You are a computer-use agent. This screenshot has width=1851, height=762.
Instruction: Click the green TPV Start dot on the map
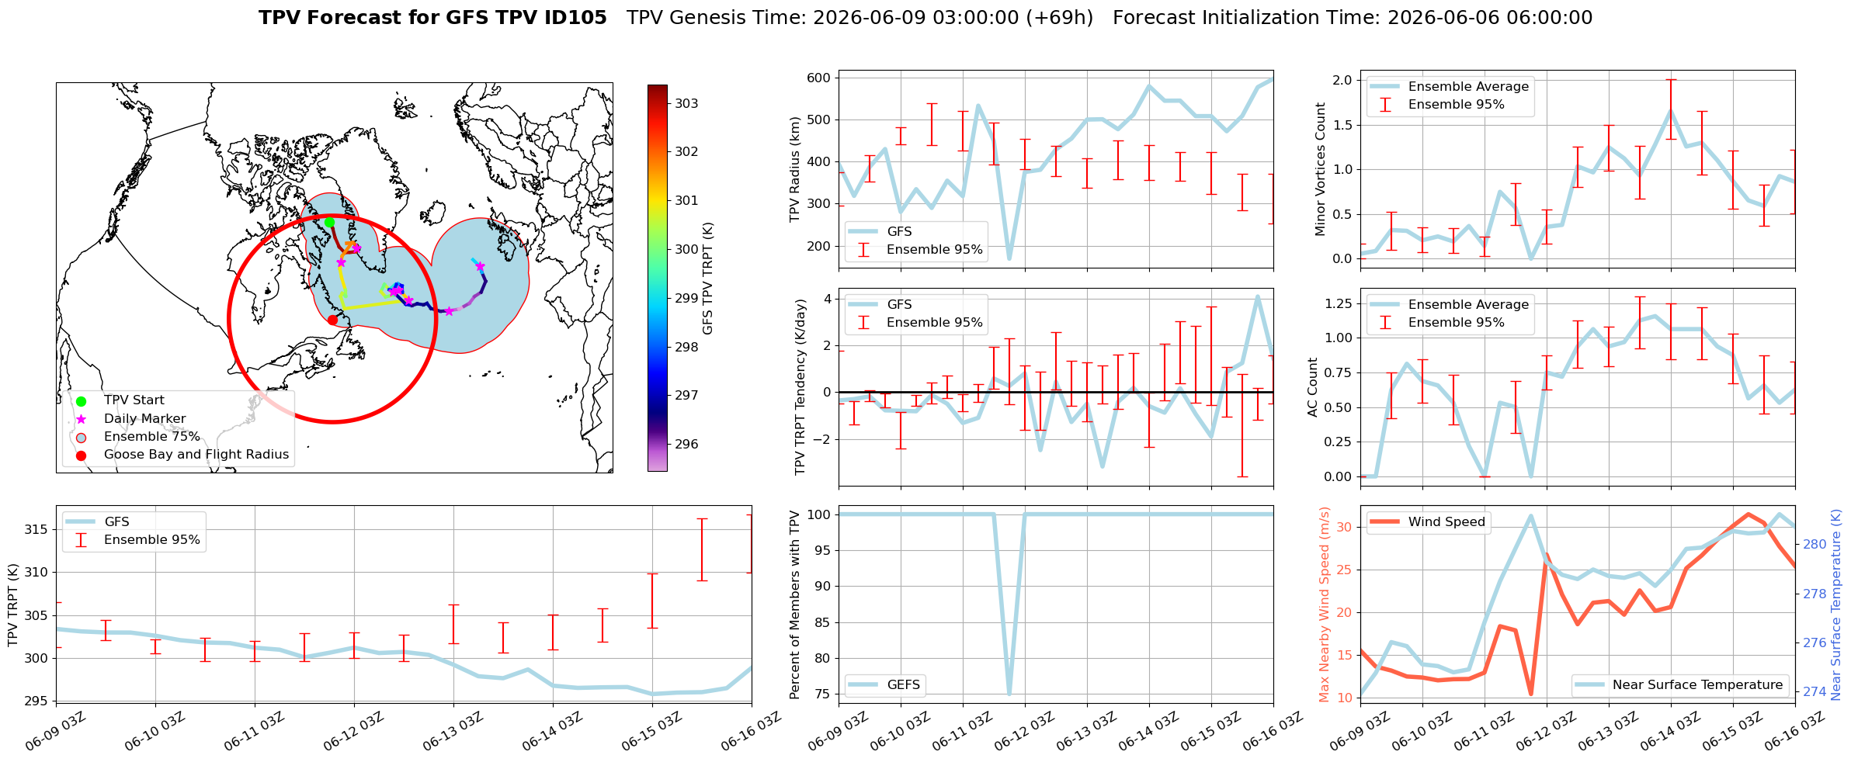point(329,222)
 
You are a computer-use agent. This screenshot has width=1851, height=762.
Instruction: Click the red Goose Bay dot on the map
point(332,320)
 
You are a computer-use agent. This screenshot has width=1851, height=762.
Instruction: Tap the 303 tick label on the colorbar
point(686,103)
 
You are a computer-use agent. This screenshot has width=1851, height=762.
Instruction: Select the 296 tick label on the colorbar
point(686,444)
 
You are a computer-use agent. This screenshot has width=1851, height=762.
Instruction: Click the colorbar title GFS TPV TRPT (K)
point(707,279)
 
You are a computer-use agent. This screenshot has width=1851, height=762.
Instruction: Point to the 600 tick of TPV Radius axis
point(819,78)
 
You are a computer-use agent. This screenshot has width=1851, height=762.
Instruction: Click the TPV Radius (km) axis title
point(794,169)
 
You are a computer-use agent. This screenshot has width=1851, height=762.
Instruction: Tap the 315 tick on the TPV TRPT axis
point(36,529)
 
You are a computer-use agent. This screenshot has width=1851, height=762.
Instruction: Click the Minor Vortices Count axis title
point(1321,169)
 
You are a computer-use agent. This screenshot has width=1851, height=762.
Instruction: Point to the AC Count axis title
point(1313,387)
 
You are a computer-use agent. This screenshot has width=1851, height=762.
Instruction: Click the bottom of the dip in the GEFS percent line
point(1009,694)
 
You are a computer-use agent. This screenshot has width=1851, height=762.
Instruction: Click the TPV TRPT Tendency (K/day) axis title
point(800,387)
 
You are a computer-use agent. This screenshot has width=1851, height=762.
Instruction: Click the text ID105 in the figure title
point(575,18)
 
